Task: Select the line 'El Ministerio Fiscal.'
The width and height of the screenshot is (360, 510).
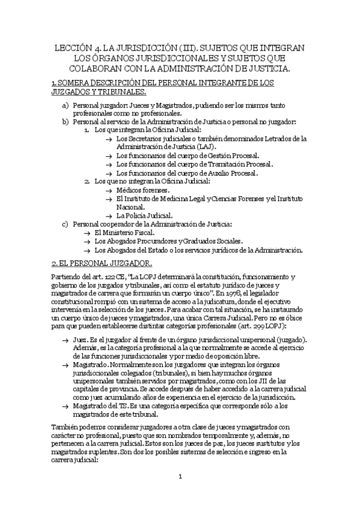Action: (124, 233)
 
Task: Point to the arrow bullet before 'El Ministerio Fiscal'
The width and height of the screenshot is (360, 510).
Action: (87, 233)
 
